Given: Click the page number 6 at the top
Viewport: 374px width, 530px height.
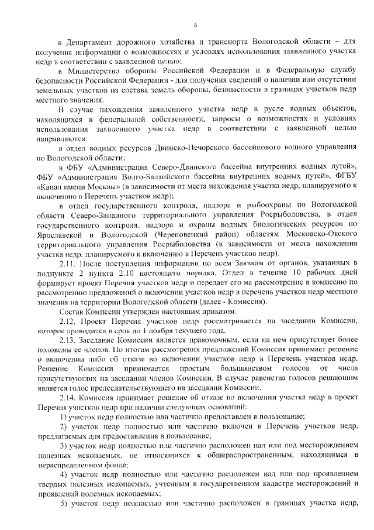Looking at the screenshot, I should tap(195, 24).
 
